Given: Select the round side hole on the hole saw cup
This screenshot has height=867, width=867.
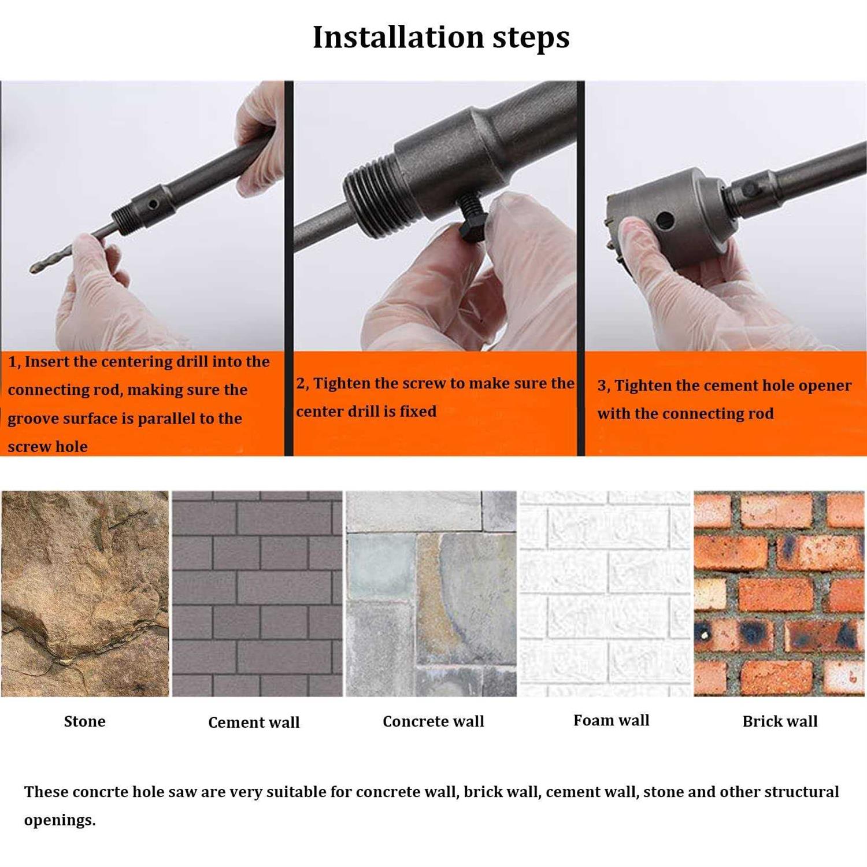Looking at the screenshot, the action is pyautogui.click(x=665, y=220).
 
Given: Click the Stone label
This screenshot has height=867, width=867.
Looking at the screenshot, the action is pyautogui.click(x=84, y=721).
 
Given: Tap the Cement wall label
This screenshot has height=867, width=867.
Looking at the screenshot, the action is pyautogui.click(x=254, y=722).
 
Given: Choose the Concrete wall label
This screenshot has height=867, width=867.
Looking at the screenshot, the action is pyautogui.click(x=433, y=721).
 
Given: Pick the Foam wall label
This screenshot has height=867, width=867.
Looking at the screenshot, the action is pyautogui.click(x=611, y=720).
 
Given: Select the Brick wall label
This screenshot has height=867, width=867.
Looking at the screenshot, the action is pyautogui.click(x=780, y=721).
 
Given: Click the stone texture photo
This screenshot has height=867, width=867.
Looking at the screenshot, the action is pyautogui.click(x=85, y=594).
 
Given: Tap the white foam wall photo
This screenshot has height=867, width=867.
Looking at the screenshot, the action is pyautogui.click(x=605, y=594).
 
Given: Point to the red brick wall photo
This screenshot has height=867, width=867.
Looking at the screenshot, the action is pyautogui.click(x=779, y=594).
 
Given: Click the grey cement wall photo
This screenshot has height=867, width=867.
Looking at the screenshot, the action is pyautogui.click(x=257, y=594).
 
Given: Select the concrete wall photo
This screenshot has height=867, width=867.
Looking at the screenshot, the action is pyautogui.click(x=431, y=594).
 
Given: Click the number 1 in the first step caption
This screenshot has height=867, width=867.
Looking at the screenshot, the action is pyautogui.click(x=12, y=362).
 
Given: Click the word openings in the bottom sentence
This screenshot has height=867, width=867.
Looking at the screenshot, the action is pyautogui.click(x=60, y=821).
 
